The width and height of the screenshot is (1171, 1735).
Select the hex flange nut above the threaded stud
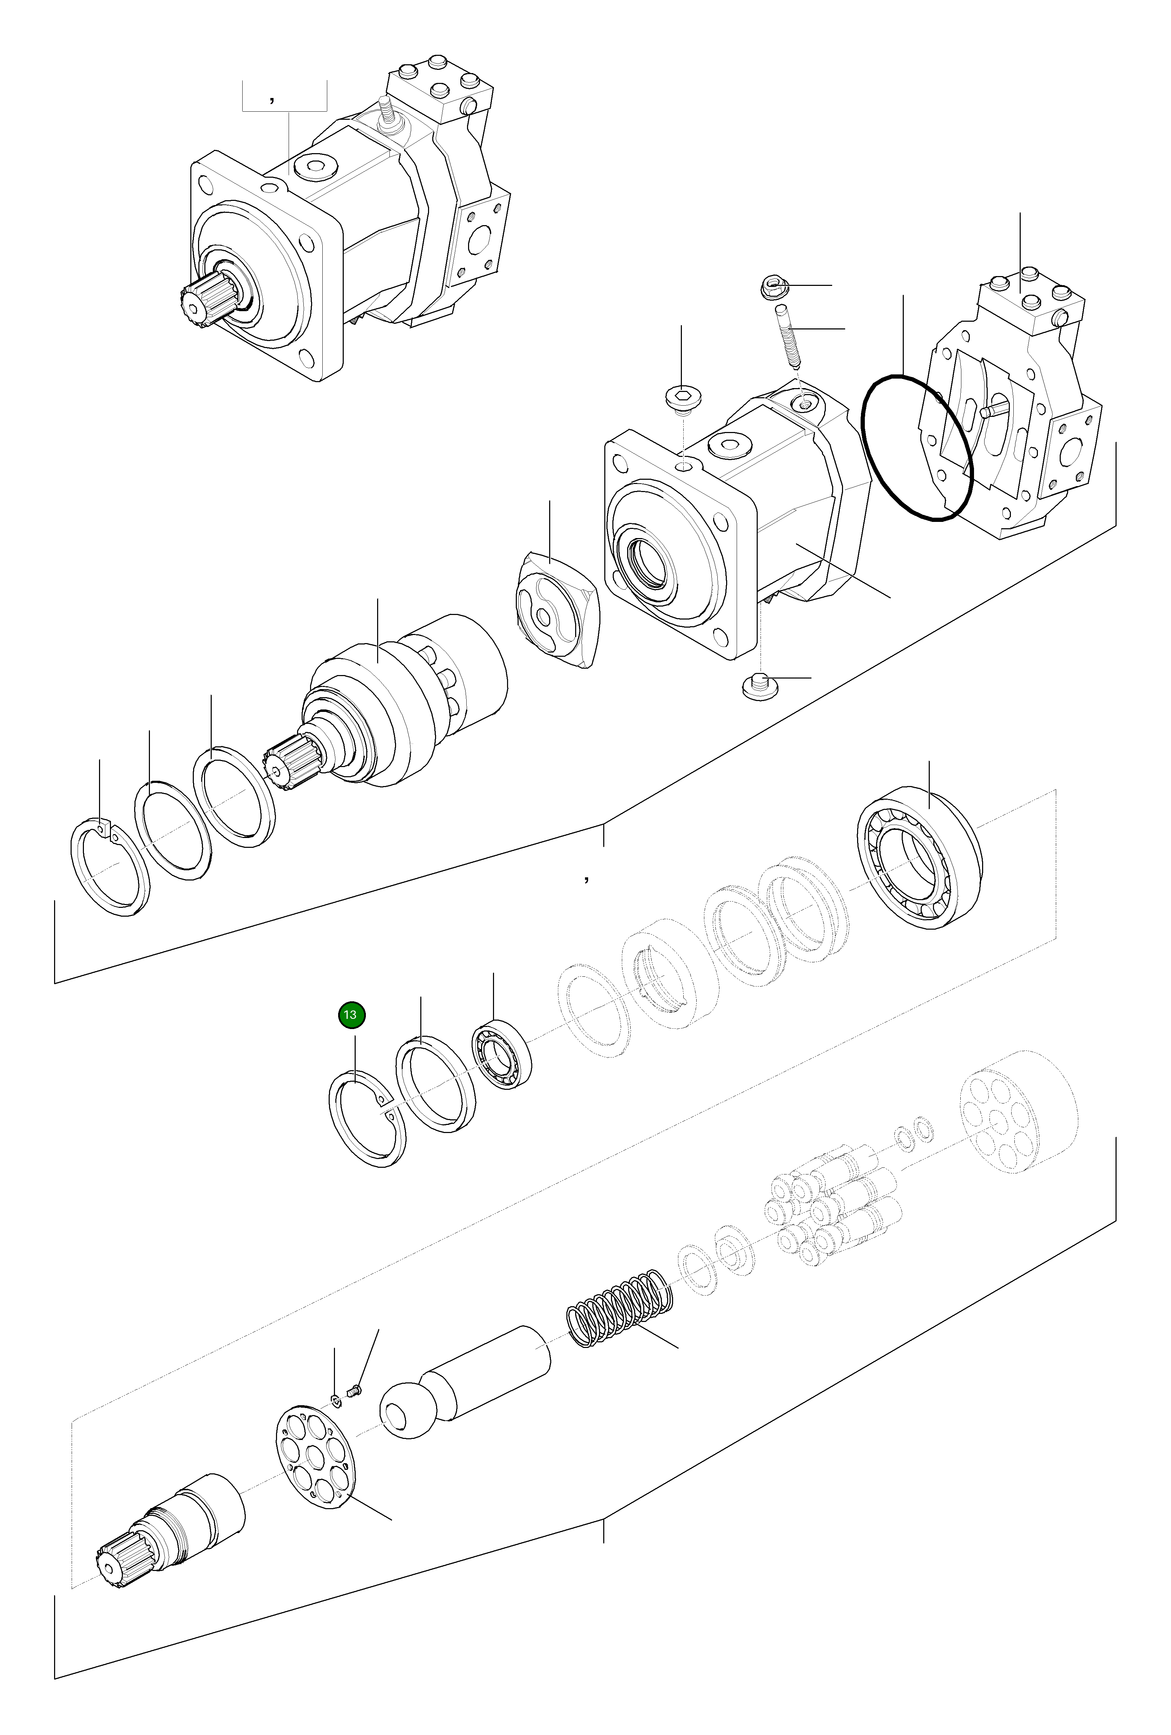tap(773, 287)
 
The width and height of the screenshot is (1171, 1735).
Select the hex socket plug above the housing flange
tap(682, 398)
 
